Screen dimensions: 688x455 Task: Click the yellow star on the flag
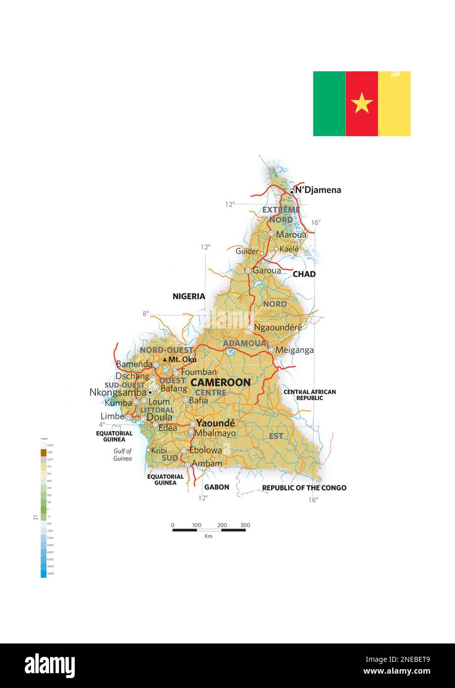pyautogui.click(x=361, y=103)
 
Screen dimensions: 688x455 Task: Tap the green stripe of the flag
pyautogui.click(x=329, y=103)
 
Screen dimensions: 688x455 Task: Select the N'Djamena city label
pyautogui.click(x=318, y=190)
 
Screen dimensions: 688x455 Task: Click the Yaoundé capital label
pyautogui.click(x=215, y=423)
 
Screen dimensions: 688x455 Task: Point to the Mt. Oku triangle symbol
pyautogui.click(x=165, y=359)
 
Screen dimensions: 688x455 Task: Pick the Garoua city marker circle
pyautogui.click(x=248, y=271)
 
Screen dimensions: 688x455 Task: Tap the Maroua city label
pyautogui.click(x=291, y=235)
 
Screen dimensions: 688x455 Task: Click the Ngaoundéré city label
pyautogui.click(x=278, y=327)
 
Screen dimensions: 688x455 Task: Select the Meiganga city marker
pyautogui.click(x=271, y=350)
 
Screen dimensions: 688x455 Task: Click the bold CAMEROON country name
pyautogui.click(x=220, y=383)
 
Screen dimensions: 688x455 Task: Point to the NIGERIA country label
pyautogui.click(x=189, y=296)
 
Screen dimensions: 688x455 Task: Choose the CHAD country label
pyautogui.click(x=304, y=274)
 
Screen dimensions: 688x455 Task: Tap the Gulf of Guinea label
pyautogui.click(x=122, y=455)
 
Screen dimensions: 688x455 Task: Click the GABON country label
pyautogui.click(x=217, y=487)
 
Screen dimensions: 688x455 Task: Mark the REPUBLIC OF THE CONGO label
pyautogui.click(x=304, y=488)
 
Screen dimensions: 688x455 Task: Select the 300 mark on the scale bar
pyautogui.click(x=245, y=525)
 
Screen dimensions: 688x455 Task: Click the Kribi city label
pyautogui.click(x=159, y=450)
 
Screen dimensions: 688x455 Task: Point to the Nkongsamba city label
pyautogui.click(x=118, y=392)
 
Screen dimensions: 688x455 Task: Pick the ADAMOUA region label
pyautogui.click(x=245, y=343)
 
